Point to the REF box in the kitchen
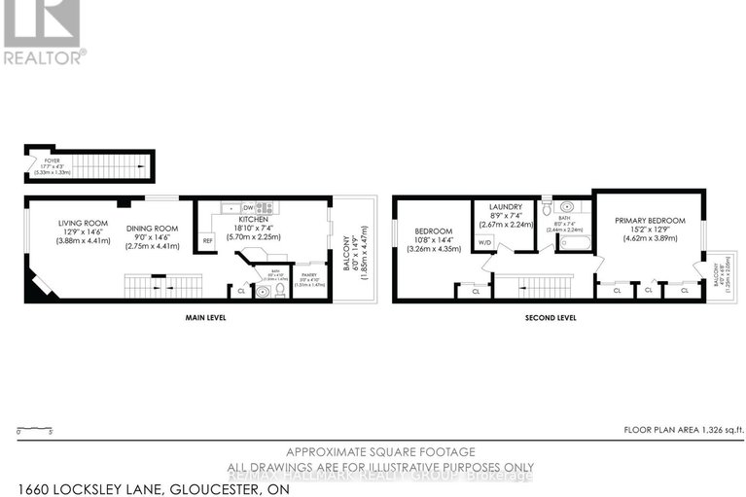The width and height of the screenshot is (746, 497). click(x=207, y=240)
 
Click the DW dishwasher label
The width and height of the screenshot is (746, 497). click(x=249, y=207)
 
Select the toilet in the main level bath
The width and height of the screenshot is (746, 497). click(x=279, y=289)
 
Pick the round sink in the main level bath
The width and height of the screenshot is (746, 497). click(x=262, y=290)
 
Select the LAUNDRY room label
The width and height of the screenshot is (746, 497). click(x=503, y=207)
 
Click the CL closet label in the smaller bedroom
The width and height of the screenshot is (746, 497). click(x=475, y=291)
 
